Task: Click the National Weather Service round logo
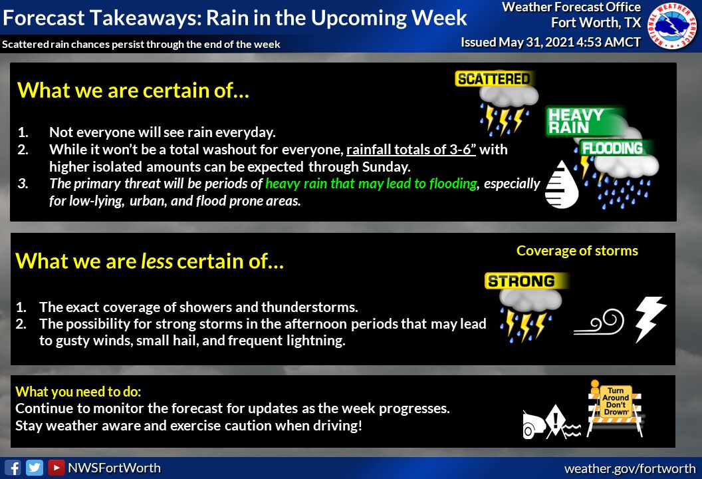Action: click(x=673, y=25)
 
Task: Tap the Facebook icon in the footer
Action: click(x=13, y=468)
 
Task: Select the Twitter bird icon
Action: click(x=35, y=468)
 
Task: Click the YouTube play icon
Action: click(x=57, y=468)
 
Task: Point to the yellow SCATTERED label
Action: click(x=494, y=79)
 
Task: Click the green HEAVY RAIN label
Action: click(x=578, y=121)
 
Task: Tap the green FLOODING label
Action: click(x=612, y=148)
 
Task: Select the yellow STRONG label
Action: click(x=522, y=281)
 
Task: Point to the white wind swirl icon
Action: click(x=600, y=323)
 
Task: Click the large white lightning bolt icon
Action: click(x=650, y=319)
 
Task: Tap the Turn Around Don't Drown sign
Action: click(x=616, y=408)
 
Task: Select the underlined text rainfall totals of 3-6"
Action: click(x=411, y=149)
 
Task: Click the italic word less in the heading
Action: click(x=157, y=261)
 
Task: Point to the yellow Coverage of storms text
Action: click(x=577, y=251)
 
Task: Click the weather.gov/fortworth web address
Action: click(x=630, y=469)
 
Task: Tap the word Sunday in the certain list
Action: click(x=386, y=167)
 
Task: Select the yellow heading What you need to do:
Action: click(x=78, y=392)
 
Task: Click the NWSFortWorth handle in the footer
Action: click(x=114, y=468)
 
